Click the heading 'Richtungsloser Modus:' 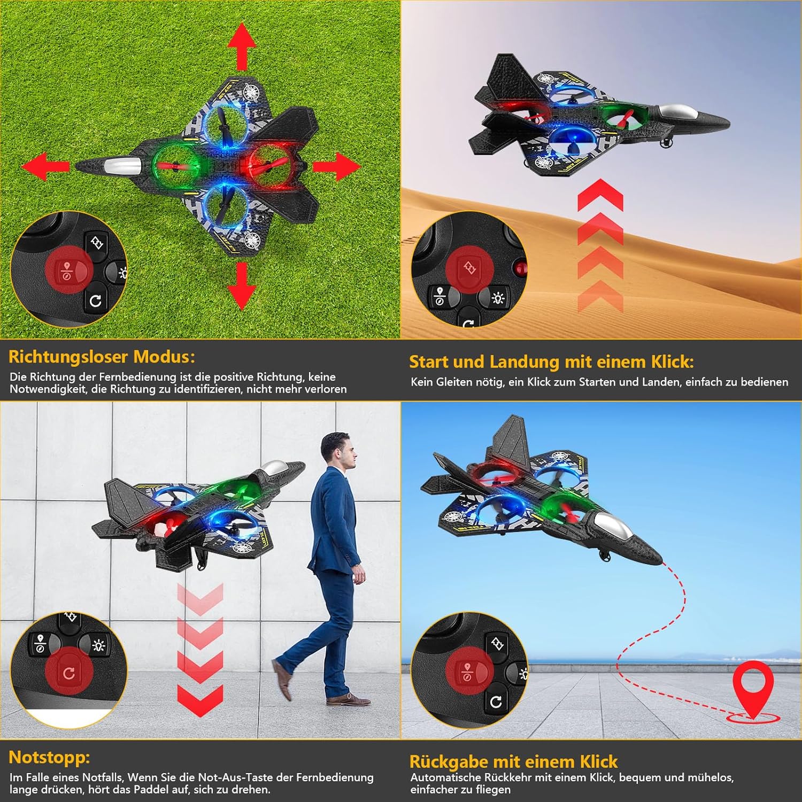coord(102,357)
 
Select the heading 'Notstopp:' coord(49,757)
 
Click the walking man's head coord(340,451)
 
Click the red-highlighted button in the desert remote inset coord(469,267)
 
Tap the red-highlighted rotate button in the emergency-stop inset coord(69,673)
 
